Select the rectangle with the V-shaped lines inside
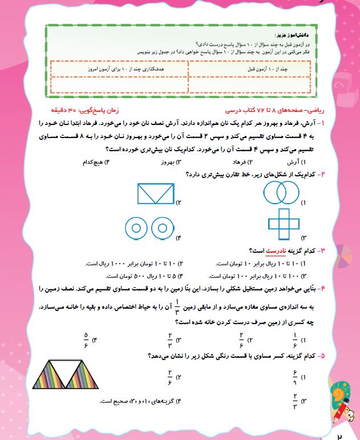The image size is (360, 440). [x=155, y=193]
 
